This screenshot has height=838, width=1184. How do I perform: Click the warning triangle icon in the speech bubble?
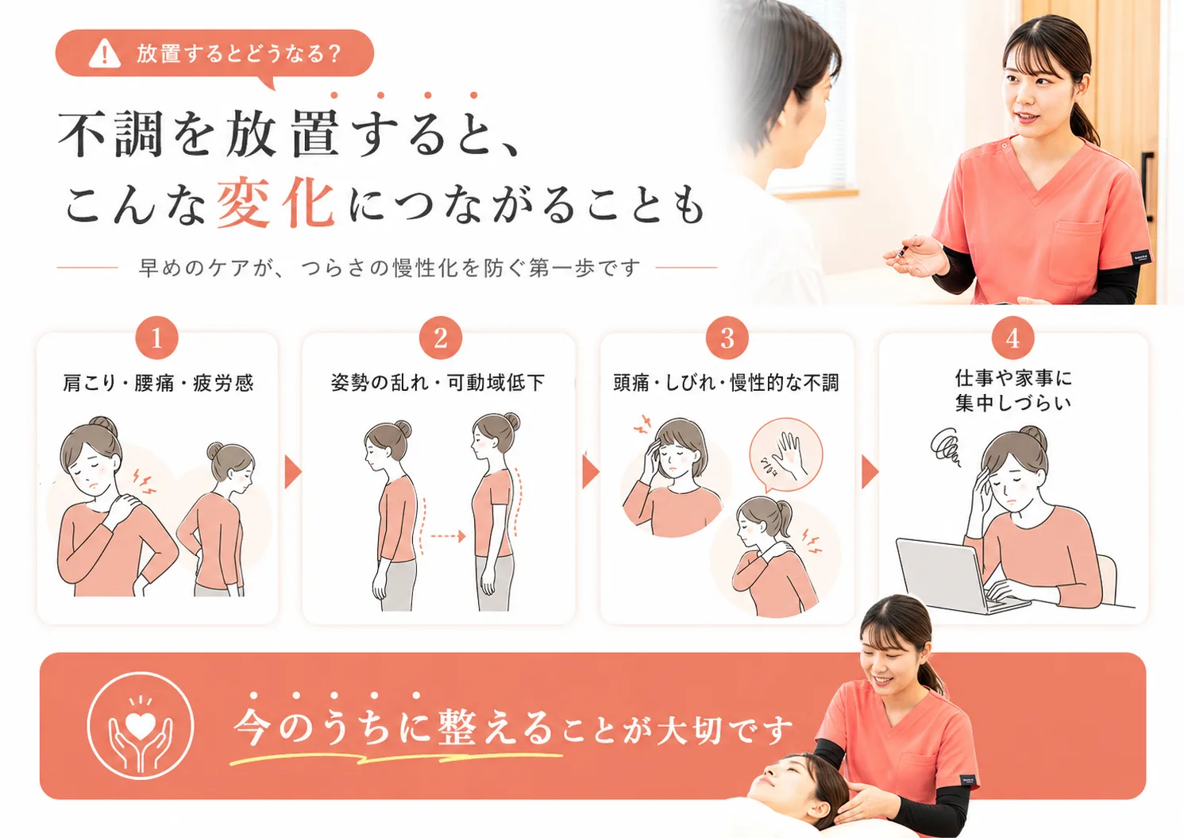(x=104, y=54)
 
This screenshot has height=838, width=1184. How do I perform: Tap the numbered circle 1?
(x=156, y=338)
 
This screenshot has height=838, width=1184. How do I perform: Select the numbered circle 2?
(x=441, y=338)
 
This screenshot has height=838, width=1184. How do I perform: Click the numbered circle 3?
(x=727, y=338)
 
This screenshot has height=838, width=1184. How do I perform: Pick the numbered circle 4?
(x=1012, y=338)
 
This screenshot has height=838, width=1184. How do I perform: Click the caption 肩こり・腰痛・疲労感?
(x=158, y=383)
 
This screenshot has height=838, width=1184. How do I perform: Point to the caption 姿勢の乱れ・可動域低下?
(x=438, y=383)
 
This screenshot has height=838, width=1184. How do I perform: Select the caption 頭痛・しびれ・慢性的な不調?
(x=726, y=383)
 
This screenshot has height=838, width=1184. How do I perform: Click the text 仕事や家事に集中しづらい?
(x=1013, y=390)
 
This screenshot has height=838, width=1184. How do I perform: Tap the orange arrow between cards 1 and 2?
(x=292, y=472)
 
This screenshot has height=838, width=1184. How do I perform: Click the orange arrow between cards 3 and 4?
(x=870, y=472)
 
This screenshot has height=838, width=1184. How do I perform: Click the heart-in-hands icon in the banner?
(x=141, y=726)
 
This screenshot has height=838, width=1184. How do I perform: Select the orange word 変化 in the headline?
(x=275, y=204)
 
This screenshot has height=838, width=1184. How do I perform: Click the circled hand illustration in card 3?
(x=785, y=455)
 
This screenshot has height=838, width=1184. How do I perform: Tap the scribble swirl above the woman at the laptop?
(x=946, y=447)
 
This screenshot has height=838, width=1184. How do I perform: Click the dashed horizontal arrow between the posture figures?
(x=447, y=536)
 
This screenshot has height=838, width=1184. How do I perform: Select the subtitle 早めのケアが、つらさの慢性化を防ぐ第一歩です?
(x=389, y=268)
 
